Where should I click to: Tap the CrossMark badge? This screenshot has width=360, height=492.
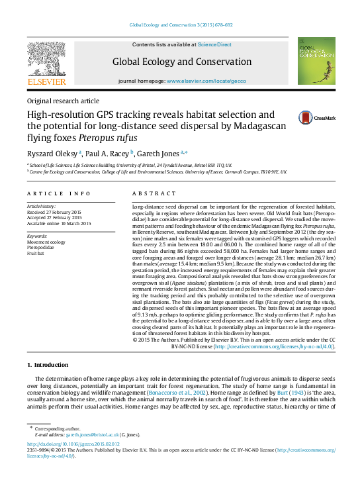point(324,117)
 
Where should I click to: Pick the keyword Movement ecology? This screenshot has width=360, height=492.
point(46,242)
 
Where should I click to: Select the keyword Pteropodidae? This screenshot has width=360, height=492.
point(42,248)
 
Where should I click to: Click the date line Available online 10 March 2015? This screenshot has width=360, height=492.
point(58,223)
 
